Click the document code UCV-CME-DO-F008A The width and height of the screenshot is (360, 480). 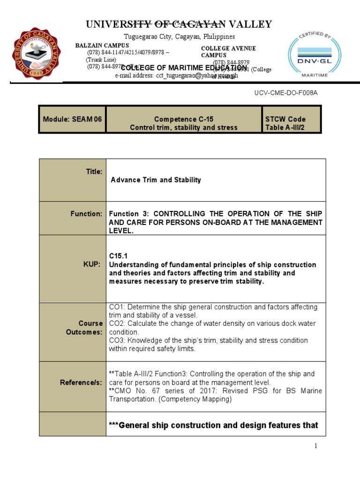point(285,93)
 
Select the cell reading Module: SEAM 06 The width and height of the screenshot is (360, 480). point(72,119)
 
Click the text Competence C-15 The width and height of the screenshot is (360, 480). point(183,119)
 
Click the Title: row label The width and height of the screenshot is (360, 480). point(94,172)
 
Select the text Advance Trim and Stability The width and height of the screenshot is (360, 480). point(156,180)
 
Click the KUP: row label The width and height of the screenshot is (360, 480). point(92,265)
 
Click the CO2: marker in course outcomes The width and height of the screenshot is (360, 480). point(117,324)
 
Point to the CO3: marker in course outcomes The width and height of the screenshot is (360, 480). point(117,341)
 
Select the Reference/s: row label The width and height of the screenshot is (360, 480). point(81,382)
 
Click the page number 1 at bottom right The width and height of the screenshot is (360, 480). point(316,446)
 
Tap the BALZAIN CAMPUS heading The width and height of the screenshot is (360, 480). point(102,45)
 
